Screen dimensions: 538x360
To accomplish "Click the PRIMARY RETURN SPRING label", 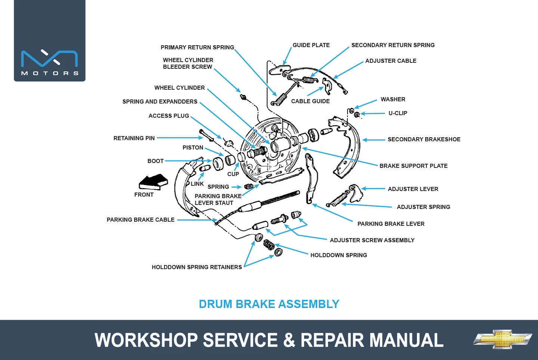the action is (x=197, y=47).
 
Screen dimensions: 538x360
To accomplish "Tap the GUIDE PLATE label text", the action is (x=311, y=45).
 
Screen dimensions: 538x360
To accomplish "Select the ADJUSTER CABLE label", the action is (x=391, y=61).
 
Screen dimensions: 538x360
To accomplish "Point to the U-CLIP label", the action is (x=398, y=113).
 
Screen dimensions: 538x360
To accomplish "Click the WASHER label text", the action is (x=393, y=99).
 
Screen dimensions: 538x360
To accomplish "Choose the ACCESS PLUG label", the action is (x=168, y=116).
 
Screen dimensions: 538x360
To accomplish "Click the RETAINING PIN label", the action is (x=134, y=138).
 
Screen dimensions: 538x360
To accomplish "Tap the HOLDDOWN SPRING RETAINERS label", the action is (x=197, y=267).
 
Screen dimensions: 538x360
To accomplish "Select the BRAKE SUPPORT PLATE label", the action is (x=413, y=166).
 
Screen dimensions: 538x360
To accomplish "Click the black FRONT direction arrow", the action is (x=153, y=182).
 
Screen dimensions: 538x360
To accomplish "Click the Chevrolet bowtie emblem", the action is (x=503, y=339).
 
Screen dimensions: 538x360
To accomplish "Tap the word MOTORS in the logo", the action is (x=50, y=73).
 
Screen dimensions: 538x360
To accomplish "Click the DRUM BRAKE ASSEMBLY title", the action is (x=269, y=304).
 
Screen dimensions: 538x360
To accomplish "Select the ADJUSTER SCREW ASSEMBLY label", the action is (x=372, y=240).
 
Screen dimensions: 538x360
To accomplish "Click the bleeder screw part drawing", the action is (x=243, y=97).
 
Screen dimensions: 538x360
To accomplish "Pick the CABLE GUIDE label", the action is (x=310, y=101).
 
